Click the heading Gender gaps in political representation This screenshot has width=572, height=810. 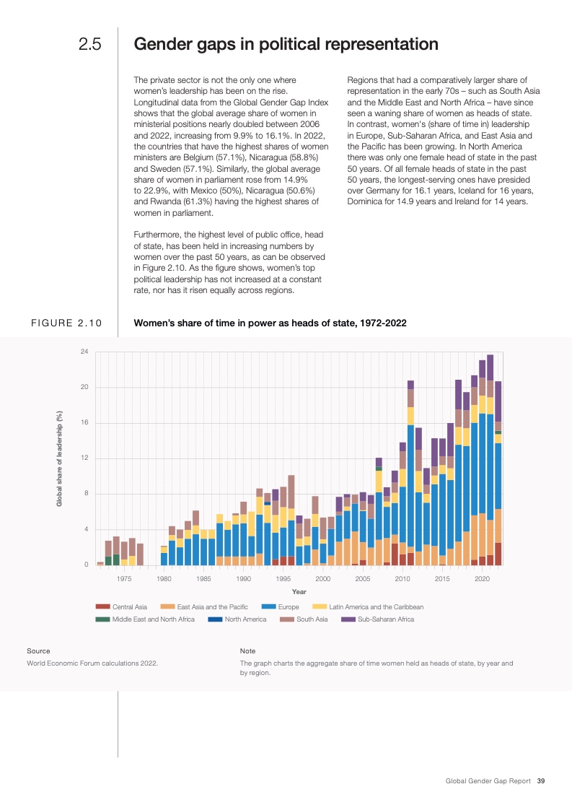286,44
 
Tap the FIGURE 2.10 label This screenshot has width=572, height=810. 66,323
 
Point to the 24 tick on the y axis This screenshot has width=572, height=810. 84,352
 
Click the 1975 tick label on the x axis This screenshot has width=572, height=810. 124,579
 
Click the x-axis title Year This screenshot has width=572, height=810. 299,592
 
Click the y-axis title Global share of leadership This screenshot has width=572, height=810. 59,458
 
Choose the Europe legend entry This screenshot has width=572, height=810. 288,607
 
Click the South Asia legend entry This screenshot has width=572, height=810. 312,619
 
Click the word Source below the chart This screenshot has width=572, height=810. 38,651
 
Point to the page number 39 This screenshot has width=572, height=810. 540,780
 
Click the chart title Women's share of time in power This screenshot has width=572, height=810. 270,323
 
